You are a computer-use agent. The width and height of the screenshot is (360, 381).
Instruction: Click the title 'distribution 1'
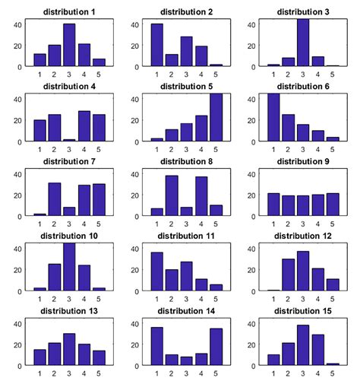pyautogui.click(x=67, y=12)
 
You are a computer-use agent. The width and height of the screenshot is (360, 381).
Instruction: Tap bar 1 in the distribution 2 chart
pyautogui.click(x=157, y=46)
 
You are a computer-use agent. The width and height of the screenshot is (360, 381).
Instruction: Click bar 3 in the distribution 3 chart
pyautogui.click(x=303, y=43)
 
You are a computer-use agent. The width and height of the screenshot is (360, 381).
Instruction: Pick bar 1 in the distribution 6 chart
pyautogui.click(x=274, y=118)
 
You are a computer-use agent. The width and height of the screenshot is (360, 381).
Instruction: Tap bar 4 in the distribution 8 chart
pyautogui.click(x=201, y=197)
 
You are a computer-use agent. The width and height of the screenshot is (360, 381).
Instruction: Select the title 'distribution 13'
pyautogui.click(x=67, y=311)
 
